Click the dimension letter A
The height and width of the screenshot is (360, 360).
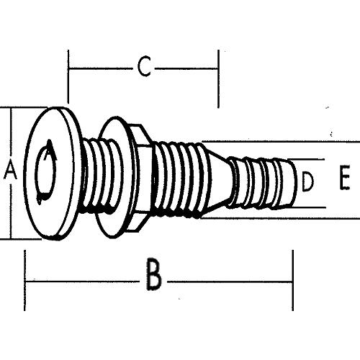[x=10, y=171]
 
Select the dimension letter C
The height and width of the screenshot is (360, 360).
[x=144, y=68]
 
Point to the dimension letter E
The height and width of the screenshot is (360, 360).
[x=343, y=177]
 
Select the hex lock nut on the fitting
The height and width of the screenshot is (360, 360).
[x=140, y=173]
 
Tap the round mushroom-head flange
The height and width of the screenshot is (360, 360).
[x=54, y=173]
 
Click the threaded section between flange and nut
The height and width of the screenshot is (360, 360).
[x=94, y=175]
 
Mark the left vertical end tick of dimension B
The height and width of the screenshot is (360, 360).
[x=25, y=281]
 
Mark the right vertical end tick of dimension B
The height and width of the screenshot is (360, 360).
[x=292, y=281]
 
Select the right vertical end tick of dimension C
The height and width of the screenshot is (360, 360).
[x=218, y=78]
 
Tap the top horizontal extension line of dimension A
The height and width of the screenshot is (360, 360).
[x=25, y=109]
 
